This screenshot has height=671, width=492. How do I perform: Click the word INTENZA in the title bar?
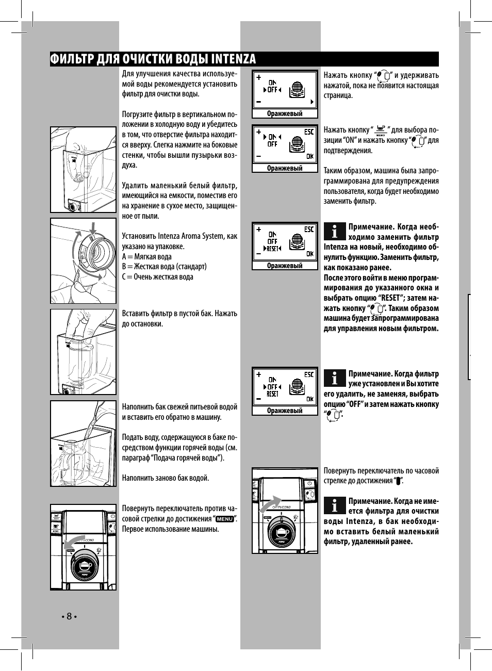click(x=233, y=59)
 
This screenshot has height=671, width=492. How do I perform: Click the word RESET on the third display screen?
click(x=272, y=248)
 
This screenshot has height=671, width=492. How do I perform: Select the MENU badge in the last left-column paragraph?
click(x=225, y=518)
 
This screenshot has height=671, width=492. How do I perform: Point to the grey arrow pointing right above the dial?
click(x=270, y=504)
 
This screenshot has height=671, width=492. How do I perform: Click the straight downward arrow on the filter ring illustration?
click(x=93, y=228)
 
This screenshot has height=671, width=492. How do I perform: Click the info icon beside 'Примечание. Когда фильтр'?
click(x=335, y=378)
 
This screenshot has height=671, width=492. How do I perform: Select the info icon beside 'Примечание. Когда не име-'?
click(x=335, y=505)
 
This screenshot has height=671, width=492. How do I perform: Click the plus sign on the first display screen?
click(x=259, y=77)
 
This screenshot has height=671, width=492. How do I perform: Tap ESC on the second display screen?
click(x=309, y=132)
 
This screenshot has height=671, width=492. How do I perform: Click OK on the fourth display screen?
click(x=309, y=399)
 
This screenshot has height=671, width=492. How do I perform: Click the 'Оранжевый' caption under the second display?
click(x=285, y=168)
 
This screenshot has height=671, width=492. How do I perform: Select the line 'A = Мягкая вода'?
click(x=147, y=257)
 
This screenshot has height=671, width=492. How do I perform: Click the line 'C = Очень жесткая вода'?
click(x=157, y=277)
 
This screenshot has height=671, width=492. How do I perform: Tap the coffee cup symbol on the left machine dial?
click(x=85, y=566)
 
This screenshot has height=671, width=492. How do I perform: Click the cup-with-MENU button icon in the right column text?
click(x=380, y=130)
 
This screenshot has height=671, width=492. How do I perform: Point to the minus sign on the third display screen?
click(x=259, y=254)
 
